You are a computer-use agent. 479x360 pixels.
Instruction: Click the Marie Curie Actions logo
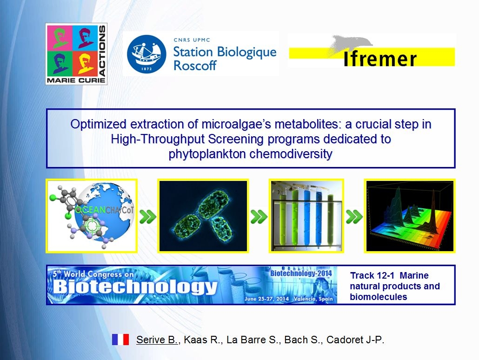76,54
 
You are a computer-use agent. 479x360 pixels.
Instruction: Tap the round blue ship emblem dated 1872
146,54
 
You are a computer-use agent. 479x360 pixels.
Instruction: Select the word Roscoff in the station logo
195,66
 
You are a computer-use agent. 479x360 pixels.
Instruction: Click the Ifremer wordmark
380,59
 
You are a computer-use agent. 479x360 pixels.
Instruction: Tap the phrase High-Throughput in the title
158,140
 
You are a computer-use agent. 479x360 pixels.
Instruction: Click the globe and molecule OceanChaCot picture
91,216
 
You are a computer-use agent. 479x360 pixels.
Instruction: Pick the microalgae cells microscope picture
203,216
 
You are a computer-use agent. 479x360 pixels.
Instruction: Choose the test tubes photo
306,216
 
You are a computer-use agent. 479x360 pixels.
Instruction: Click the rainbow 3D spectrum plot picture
410,216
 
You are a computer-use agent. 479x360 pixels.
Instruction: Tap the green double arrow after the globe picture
147,217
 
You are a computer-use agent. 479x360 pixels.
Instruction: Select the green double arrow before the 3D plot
354,217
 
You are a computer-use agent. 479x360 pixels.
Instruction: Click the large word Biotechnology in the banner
135,287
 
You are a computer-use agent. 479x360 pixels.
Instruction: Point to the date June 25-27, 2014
267,299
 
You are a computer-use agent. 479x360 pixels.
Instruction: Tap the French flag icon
120,340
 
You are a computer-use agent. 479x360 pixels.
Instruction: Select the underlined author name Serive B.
157,340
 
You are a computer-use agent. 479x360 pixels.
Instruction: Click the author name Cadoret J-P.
355,340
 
